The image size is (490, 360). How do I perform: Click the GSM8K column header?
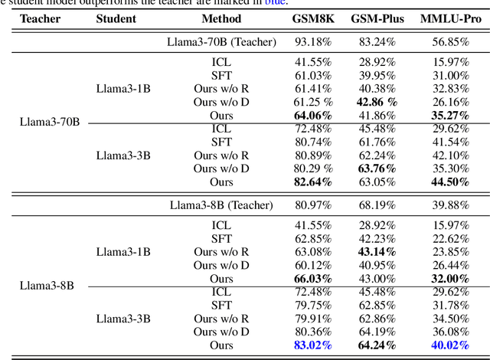312,19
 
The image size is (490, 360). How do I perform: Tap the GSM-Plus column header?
377,19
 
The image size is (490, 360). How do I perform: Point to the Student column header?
116,19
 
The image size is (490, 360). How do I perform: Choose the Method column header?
221,19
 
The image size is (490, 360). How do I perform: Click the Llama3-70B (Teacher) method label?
221,41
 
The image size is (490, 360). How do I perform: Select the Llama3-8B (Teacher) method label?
221,205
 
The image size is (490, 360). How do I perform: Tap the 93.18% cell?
312,41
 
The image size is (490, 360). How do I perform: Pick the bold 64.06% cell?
312,116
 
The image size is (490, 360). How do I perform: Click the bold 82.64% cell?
312,182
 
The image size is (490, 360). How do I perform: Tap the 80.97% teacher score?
312,205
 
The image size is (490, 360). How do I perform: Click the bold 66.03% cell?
312,279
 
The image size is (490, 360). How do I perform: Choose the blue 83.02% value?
312,345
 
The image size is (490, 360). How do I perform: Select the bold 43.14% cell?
377,252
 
